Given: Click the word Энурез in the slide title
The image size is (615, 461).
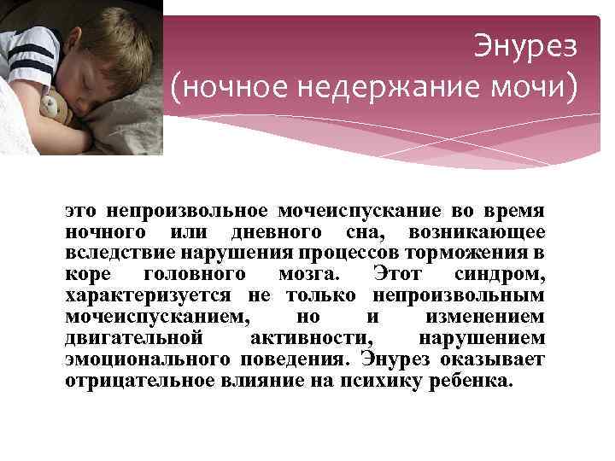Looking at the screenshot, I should tap(525, 46).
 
